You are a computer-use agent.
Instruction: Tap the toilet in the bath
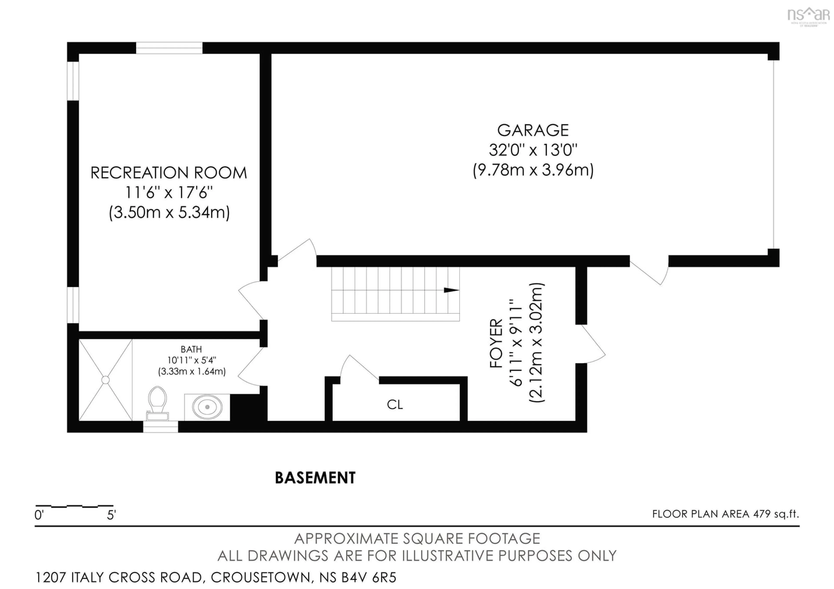click(158, 403)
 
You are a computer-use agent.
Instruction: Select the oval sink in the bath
click(207, 407)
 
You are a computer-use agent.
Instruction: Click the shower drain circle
click(105, 380)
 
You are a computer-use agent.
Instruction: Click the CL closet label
click(395, 405)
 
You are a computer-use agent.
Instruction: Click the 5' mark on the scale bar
click(111, 515)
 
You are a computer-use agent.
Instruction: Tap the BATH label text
click(191, 349)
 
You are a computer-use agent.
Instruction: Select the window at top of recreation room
click(169, 48)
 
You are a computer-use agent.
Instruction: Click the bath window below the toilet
click(160, 427)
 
